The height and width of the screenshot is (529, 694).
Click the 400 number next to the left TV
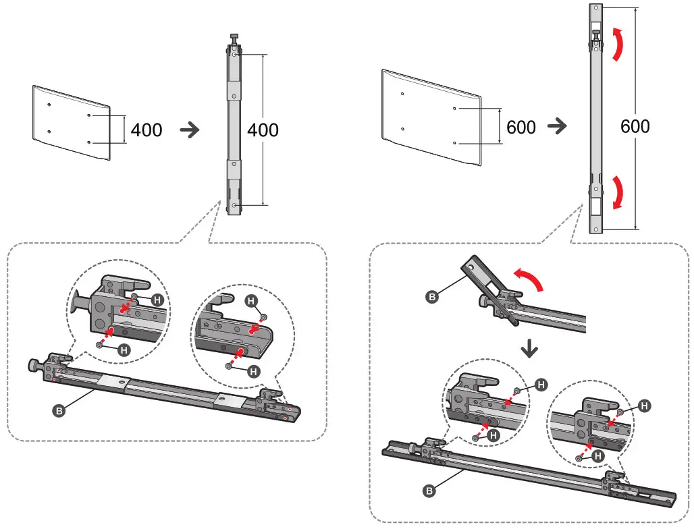click(x=146, y=130)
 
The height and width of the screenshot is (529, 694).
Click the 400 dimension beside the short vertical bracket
click(x=263, y=129)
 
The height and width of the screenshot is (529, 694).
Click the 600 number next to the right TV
click(x=520, y=127)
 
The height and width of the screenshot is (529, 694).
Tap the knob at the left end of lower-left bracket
click(x=33, y=365)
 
